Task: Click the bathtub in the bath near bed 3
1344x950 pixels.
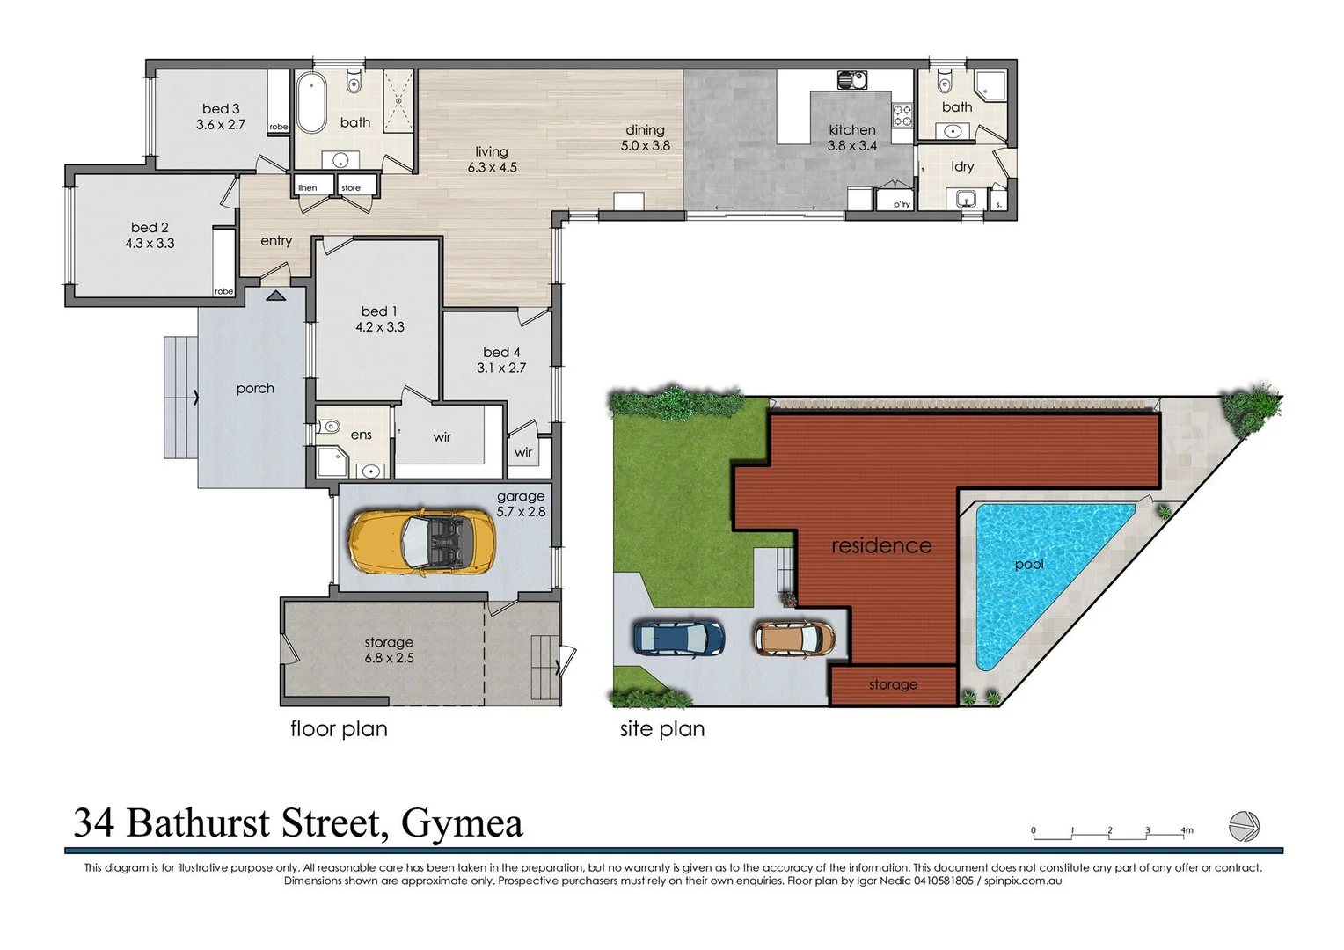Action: (x=310, y=103)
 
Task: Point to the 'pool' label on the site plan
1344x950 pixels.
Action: (x=1029, y=564)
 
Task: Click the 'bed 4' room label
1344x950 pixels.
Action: (x=501, y=352)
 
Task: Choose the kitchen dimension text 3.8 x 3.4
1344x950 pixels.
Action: (x=851, y=146)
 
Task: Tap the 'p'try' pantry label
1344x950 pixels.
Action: (x=902, y=204)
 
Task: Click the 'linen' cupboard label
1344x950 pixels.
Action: (x=308, y=187)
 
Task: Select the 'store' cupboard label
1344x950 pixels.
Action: (x=351, y=187)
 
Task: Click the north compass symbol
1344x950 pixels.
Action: (x=1244, y=826)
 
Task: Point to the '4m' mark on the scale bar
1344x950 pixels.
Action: (x=1187, y=830)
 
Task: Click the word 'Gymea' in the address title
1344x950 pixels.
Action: (x=462, y=823)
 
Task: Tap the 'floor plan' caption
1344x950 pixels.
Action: (x=339, y=728)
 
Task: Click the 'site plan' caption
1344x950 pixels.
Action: (x=661, y=728)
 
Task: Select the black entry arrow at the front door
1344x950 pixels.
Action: (x=275, y=296)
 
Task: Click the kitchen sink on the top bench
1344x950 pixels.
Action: (x=851, y=81)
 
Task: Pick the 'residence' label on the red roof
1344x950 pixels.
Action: (x=881, y=545)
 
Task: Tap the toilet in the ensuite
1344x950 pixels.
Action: (x=330, y=427)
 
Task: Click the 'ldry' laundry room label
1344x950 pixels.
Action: (x=962, y=166)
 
